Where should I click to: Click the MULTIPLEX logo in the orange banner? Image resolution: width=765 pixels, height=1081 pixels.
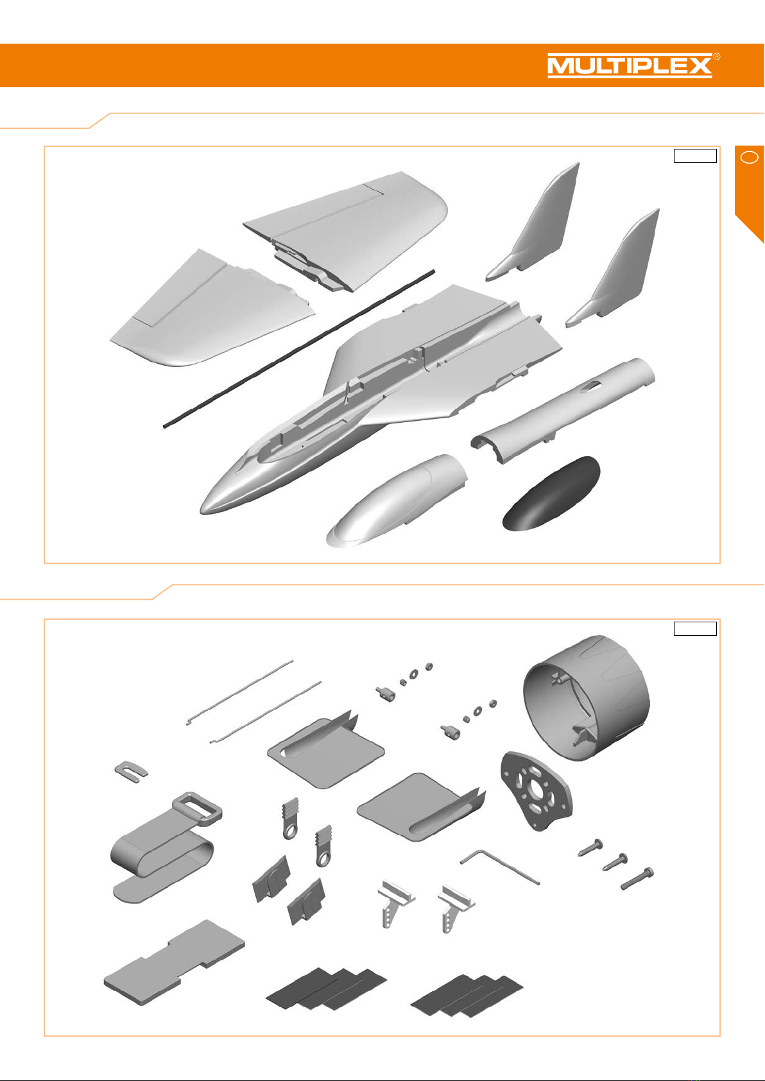[630, 66]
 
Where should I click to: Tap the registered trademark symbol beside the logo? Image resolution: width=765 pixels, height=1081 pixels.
[717, 57]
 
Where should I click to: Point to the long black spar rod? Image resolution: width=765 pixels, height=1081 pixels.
[299, 348]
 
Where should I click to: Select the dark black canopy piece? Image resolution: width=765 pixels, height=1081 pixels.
[551, 494]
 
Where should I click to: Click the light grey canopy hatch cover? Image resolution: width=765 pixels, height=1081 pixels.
[397, 500]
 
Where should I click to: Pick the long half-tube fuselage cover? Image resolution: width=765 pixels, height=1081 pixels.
[563, 411]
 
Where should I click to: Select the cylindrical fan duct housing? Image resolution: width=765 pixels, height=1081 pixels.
[587, 698]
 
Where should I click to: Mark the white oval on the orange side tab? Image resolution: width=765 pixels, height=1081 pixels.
[749, 157]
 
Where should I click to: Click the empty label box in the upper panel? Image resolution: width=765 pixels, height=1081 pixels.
[695, 156]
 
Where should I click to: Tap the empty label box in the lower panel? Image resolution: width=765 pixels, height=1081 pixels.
[695, 628]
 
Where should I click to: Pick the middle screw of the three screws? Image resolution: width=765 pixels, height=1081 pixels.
[615, 862]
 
